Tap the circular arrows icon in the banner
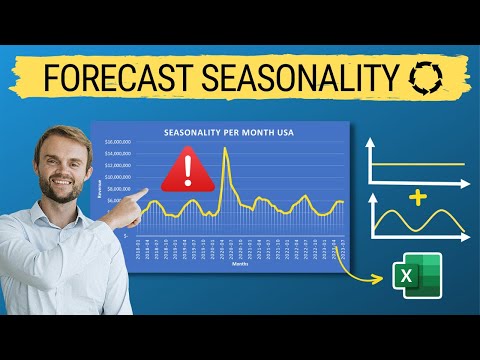point(424,77)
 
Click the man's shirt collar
point(62,214)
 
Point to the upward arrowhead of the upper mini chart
point(374,139)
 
